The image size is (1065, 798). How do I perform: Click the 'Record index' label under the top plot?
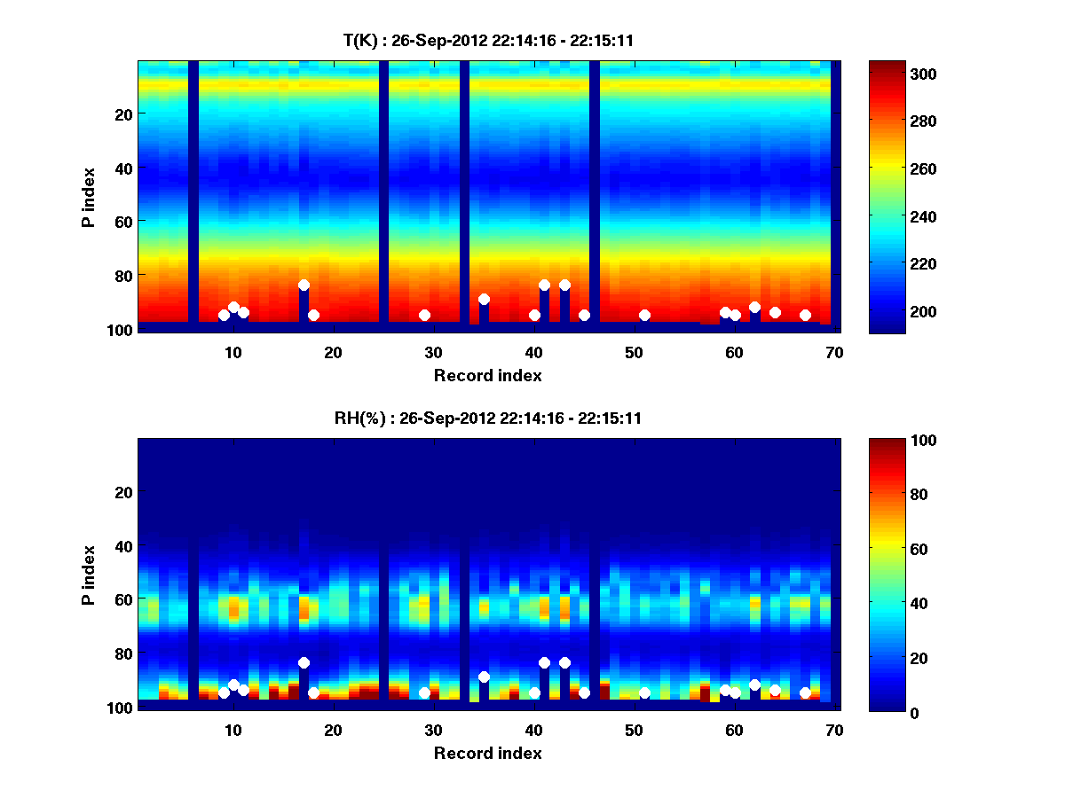487,375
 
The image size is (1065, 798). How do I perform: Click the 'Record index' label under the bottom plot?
487,753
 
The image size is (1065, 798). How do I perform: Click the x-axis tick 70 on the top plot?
834,352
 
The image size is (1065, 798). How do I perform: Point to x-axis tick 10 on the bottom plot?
233,730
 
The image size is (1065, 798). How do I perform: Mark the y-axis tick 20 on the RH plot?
122,492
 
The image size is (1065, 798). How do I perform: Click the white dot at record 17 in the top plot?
304,286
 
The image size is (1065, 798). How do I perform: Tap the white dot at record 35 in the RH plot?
484,677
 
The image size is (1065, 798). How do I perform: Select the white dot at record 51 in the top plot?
644,316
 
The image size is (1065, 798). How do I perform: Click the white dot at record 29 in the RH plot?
424,692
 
